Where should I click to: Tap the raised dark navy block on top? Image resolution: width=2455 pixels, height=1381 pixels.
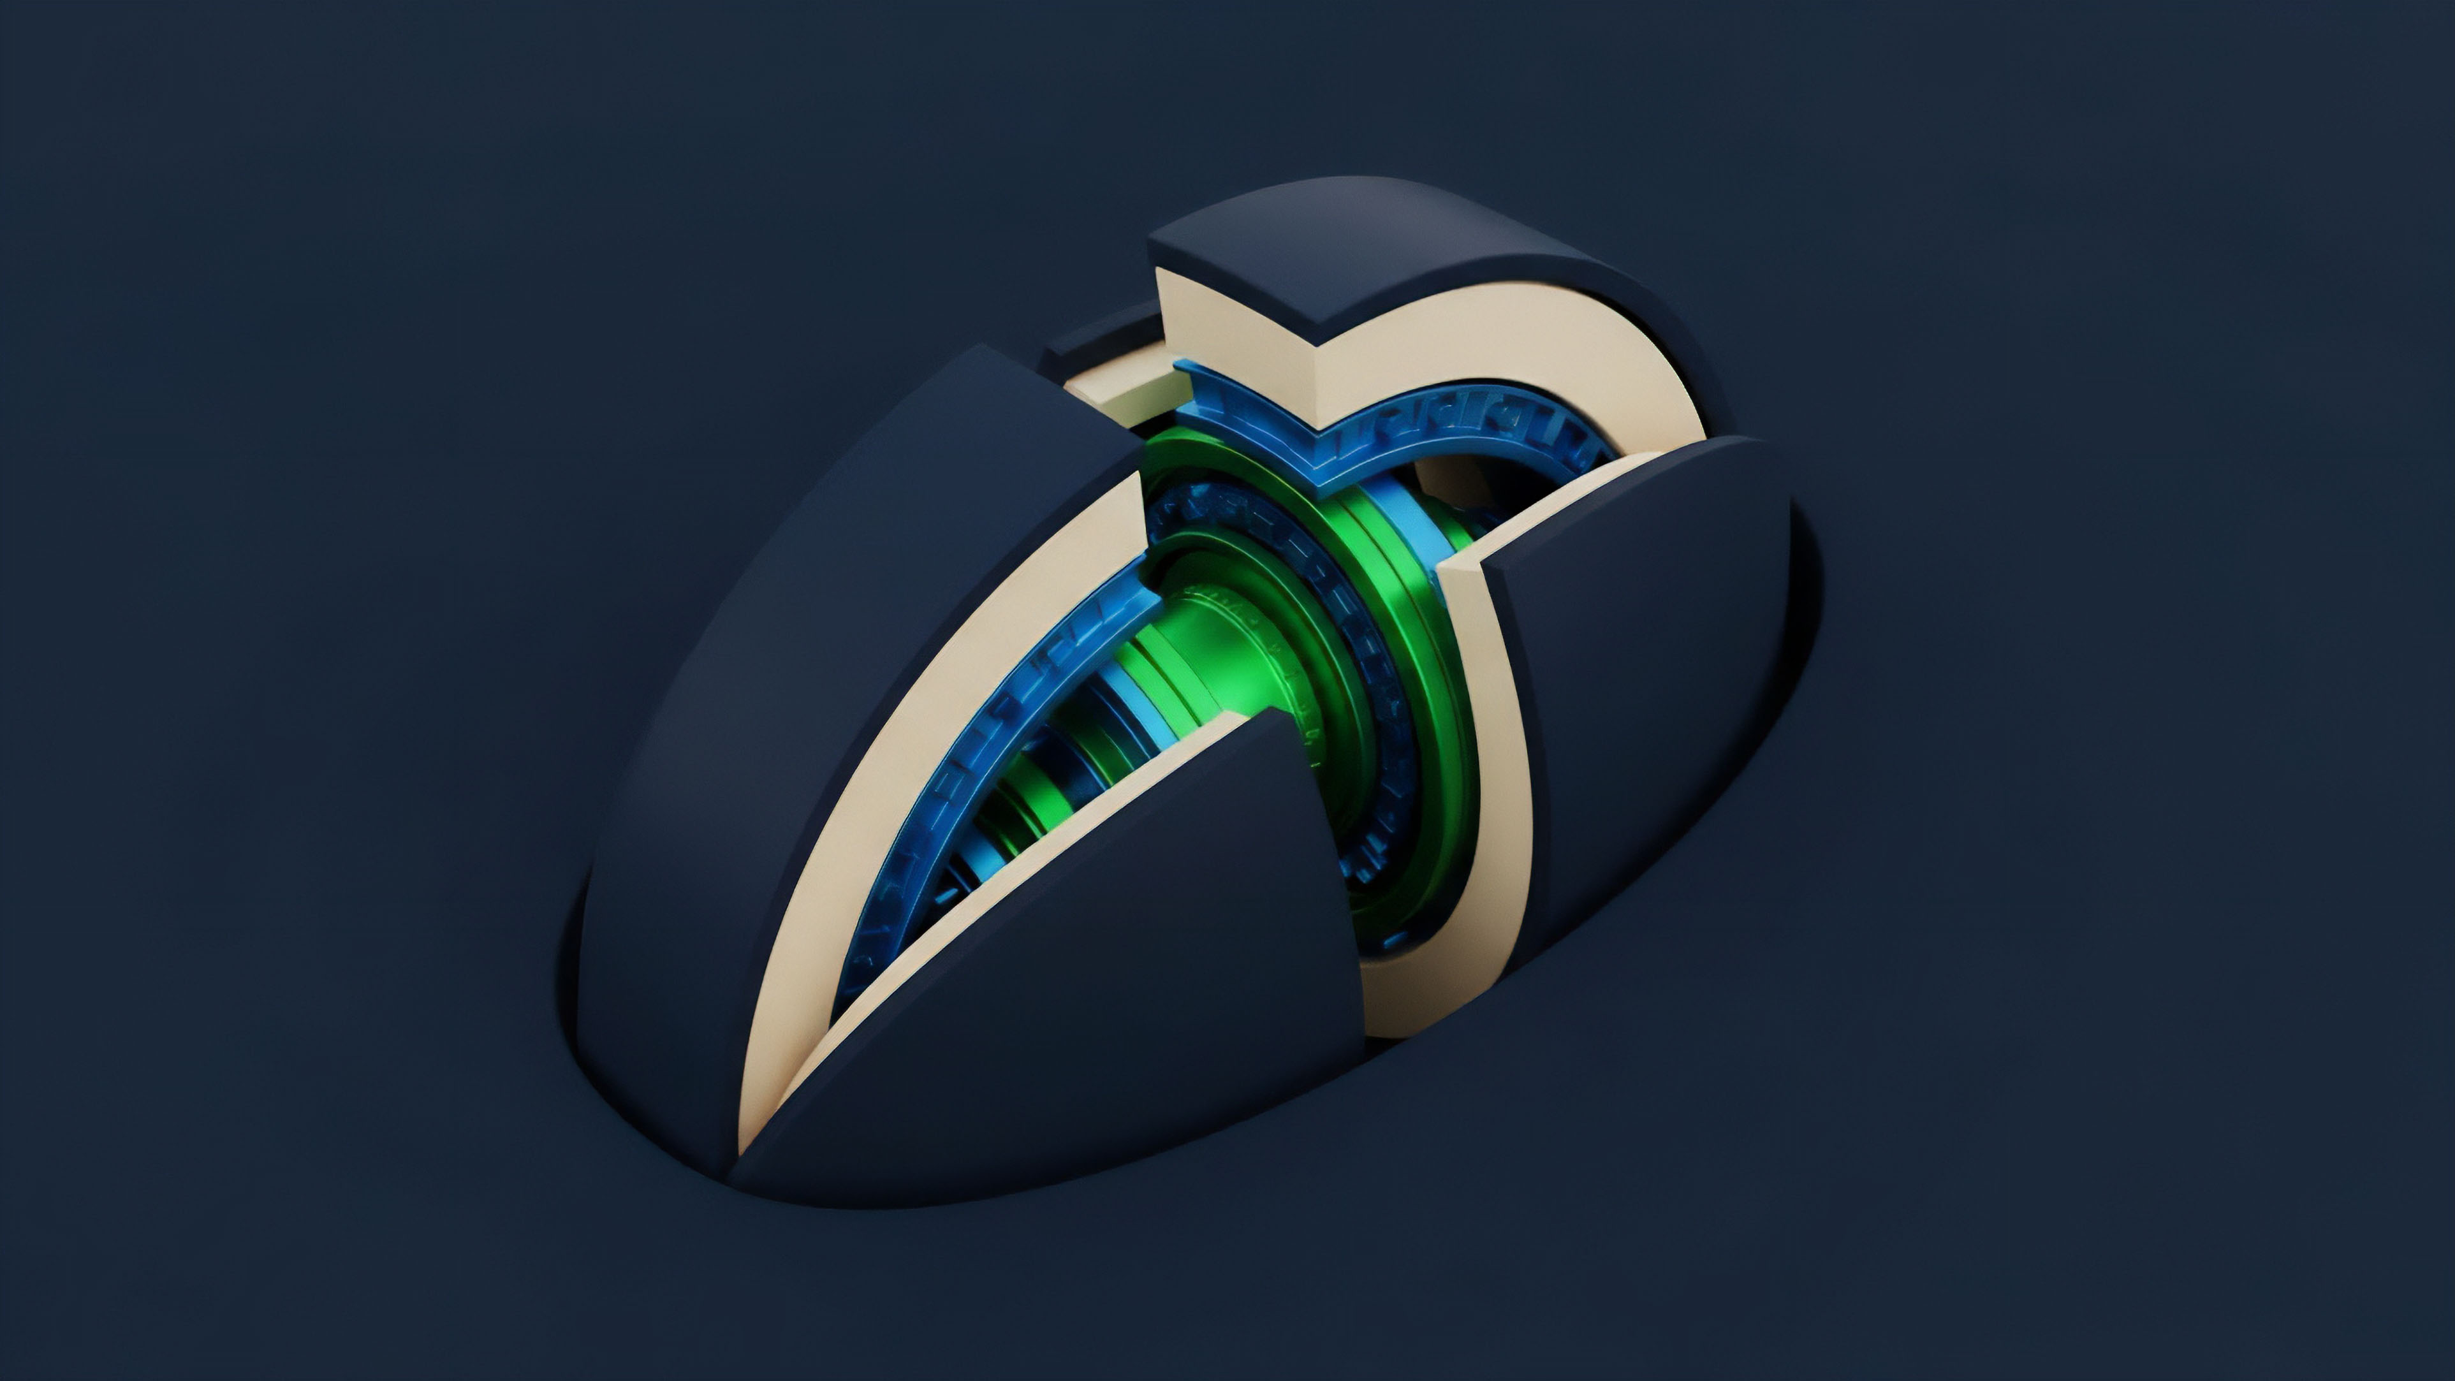point(1372,258)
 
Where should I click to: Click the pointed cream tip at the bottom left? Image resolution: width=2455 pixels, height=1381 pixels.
point(753,1134)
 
